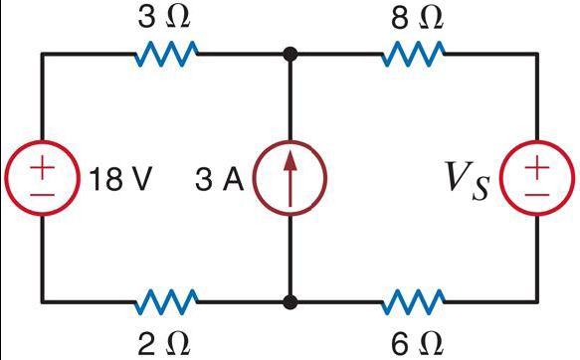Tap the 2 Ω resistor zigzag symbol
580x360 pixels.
(166, 299)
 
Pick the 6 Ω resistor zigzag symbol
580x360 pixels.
(414, 299)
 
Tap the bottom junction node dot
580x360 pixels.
(290, 299)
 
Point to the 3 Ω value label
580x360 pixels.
(166, 17)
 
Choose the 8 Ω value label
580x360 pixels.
(414, 17)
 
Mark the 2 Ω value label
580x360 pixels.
(165, 341)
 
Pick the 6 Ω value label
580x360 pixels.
(414, 341)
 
